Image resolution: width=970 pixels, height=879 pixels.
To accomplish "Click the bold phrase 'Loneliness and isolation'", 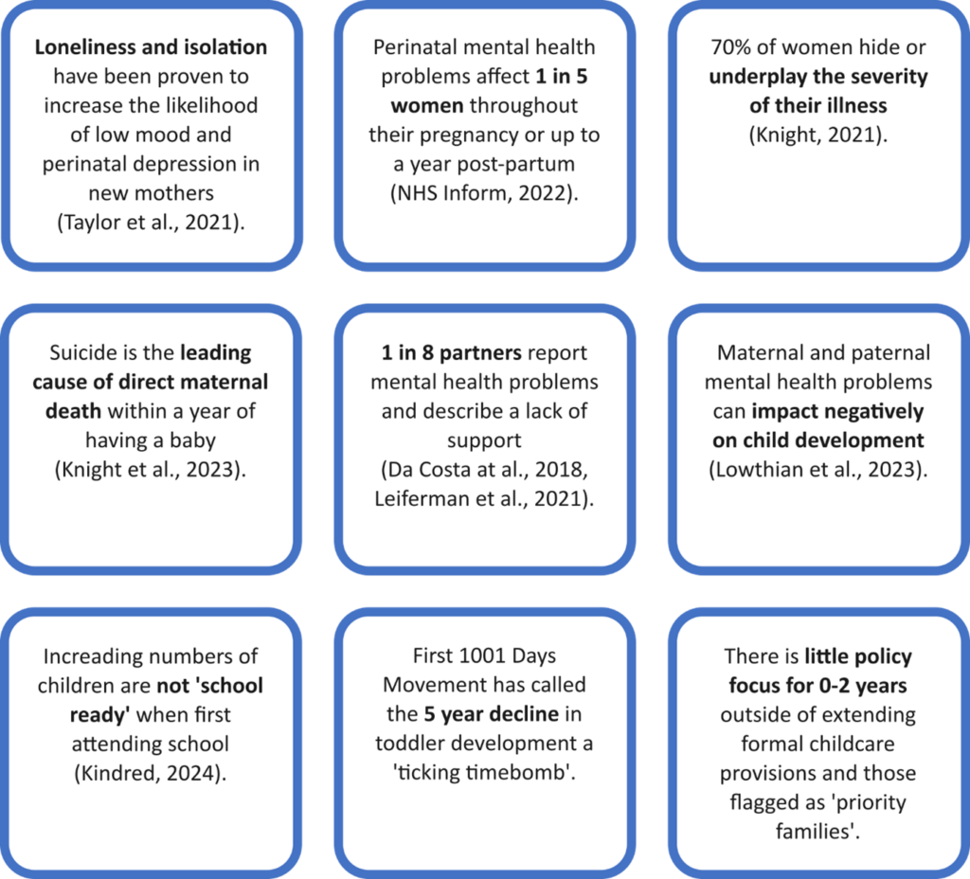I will click(x=151, y=46).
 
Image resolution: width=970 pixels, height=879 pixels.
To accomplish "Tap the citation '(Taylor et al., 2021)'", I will click(x=151, y=223).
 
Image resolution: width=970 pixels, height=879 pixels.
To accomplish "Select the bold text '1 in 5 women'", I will click(x=484, y=90).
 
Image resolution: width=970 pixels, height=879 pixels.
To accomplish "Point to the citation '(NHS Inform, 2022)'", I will click(x=484, y=193).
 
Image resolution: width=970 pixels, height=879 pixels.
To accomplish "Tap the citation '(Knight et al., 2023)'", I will click(x=151, y=471).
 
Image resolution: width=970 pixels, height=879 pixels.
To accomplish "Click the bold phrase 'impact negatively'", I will click(x=817, y=412).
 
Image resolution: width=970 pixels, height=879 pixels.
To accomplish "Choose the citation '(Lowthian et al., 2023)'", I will click(x=817, y=471).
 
